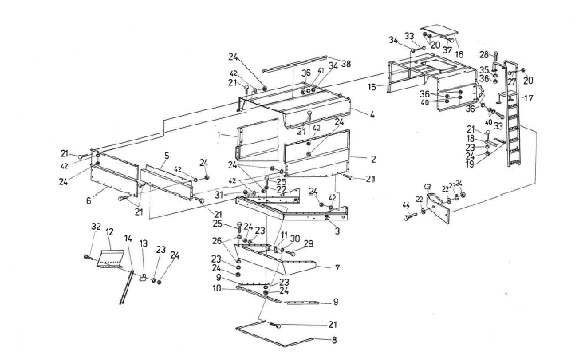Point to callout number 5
[166, 155]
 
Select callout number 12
[109, 232]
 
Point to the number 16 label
[459, 55]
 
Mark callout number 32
[96, 227]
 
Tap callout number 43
[427, 187]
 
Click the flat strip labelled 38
[295, 61]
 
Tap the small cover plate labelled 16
[437, 33]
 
